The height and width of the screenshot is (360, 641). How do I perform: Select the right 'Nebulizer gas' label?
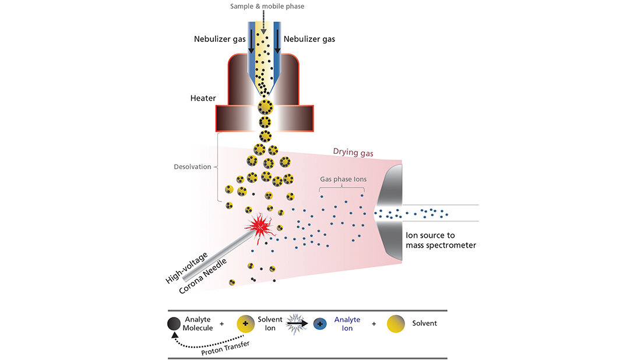click(309, 39)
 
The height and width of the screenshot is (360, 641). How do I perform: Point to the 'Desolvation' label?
click(192, 167)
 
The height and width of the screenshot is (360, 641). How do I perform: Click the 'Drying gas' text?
click(353, 152)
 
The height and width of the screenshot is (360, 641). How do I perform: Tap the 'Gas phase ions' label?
click(343, 179)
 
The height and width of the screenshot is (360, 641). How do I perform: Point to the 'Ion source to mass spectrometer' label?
click(441, 240)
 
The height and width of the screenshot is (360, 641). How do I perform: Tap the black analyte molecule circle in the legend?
click(174, 324)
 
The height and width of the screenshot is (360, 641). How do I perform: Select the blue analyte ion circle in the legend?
click(320, 324)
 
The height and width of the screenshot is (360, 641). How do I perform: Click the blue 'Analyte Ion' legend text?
click(347, 324)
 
